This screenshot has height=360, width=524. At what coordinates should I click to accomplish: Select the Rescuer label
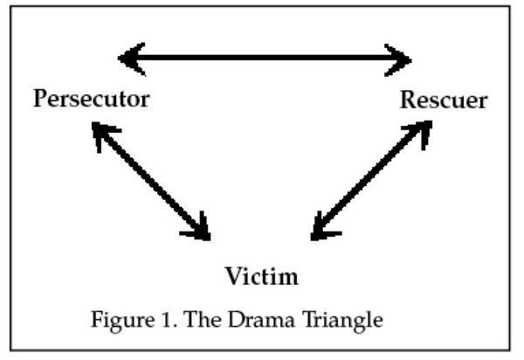443,100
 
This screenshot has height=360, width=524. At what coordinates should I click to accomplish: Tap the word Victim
261,277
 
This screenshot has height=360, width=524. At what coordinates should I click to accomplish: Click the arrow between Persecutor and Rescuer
265,59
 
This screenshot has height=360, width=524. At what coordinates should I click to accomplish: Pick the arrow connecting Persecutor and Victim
150,181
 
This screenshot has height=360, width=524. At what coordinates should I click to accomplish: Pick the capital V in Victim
233,277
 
